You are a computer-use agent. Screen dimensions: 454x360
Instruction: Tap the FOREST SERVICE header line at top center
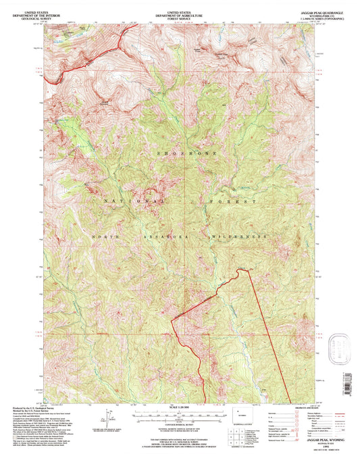(x=179, y=18)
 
